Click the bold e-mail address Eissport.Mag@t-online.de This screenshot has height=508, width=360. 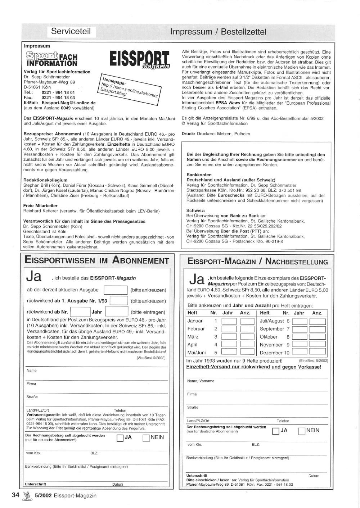[68, 103]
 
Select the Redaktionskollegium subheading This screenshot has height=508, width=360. [45, 180]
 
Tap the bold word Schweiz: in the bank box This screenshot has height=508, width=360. [196, 210]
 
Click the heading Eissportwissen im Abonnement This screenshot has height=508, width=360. [97, 260]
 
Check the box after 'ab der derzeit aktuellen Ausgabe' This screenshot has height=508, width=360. [116, 290]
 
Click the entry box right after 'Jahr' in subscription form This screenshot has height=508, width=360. [116, 312]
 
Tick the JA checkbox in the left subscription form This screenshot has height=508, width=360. [120, 438]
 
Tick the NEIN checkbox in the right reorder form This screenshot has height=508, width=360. [302, 431]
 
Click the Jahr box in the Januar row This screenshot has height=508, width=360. [229, 321]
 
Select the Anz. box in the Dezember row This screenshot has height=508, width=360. [317, 352]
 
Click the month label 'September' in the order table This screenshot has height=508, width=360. [272, 329]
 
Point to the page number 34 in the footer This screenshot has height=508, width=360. [15, 495]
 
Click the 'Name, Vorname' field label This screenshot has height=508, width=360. [201, 381]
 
